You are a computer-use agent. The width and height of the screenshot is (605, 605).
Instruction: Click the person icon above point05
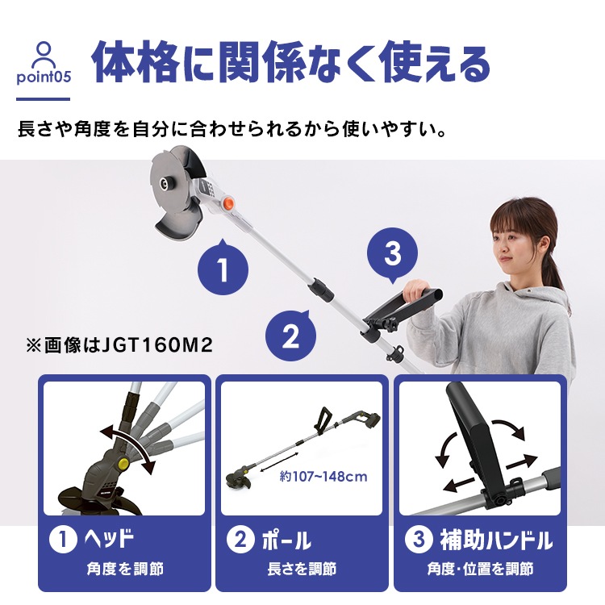43,55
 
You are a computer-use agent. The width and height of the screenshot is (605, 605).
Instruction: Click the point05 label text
43,79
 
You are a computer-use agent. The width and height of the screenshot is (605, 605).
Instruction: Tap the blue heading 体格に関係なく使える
291,65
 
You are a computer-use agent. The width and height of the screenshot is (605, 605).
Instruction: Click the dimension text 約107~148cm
325,477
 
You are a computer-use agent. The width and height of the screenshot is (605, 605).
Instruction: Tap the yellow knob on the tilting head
123,465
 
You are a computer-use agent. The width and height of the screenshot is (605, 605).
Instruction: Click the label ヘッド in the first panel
106,540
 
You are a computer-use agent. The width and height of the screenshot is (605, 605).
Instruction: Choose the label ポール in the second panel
286,540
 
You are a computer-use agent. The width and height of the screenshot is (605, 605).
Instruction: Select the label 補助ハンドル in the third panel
495,540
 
